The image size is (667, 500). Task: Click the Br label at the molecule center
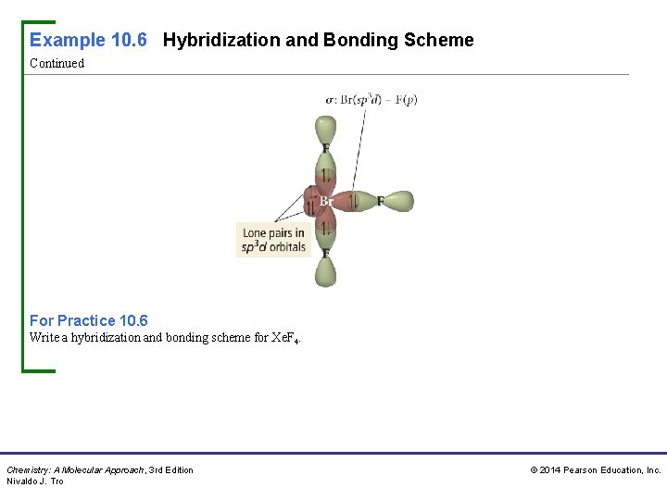point(326,201)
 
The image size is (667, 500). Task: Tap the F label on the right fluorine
point(380,201)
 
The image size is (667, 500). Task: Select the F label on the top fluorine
point(325,148)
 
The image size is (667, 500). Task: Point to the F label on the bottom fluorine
point(325,253)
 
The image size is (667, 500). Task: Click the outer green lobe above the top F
point(325,129)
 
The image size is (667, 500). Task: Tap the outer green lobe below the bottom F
point(325,272)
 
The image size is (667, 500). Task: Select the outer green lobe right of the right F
point(399,201)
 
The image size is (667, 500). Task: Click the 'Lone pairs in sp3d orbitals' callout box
point(274,240)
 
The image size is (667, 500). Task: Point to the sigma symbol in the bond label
point(330,100)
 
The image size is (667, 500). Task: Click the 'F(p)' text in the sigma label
point(406,100)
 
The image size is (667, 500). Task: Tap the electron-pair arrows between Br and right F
point(353,201)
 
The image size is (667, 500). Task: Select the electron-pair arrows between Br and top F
point(325,175)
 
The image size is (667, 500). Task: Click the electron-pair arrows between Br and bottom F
point(325,227)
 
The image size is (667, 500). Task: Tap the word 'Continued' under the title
point(57,64)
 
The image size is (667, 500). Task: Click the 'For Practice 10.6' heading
point(88,320)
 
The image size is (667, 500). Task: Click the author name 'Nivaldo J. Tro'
point(35,481)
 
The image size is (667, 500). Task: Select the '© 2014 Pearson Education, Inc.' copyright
point(595,470)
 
